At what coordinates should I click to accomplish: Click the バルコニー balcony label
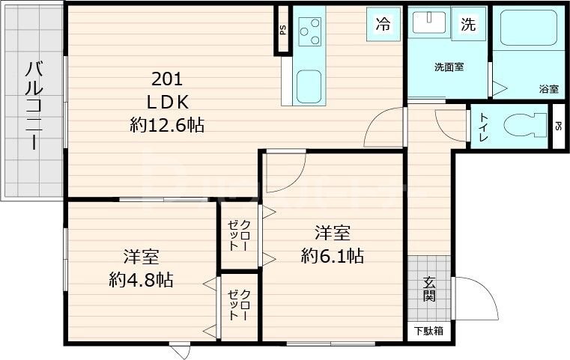(x=32, y=106)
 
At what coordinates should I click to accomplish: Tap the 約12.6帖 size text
(x=167, y=125)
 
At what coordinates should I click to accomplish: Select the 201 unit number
(x=167, y=79)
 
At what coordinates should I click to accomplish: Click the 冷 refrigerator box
(x=383, y=24)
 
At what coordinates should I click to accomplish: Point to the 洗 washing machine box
(x=468, y=24)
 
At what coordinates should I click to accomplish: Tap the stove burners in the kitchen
(x=309, y=32)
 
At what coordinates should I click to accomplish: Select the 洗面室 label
(x=449, y=67)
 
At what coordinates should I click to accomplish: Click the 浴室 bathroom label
(x=548, y=89)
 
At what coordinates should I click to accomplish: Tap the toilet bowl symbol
(x=524, y=125)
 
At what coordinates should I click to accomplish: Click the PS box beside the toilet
(x=559, y=126)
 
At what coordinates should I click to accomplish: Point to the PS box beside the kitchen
(x=282, y=31)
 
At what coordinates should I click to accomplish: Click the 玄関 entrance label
(x=430, y=289)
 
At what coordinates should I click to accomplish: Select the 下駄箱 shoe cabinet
(x=429, y=330)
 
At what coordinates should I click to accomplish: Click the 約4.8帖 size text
(x=141, y=269)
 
